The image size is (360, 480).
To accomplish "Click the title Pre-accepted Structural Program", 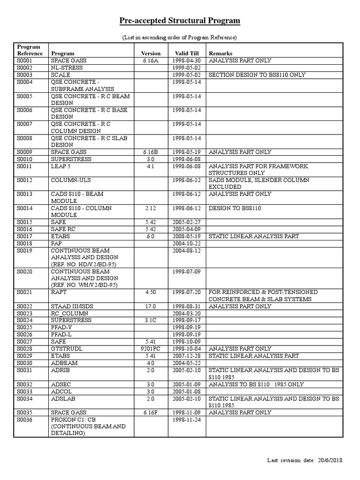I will pyautogui.click(x=180, y=21).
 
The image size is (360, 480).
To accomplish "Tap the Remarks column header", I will pyautogui.click(x=220, y=53).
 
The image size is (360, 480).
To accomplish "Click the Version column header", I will pyautogui.click(x=150, y=53).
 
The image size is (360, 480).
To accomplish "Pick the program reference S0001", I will pyautogui.click(x=26, y=61).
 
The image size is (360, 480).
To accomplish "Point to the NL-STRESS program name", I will pyautogui.click(x=67, y=68).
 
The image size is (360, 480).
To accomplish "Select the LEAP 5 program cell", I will pyautogui.click(x=61, y=166).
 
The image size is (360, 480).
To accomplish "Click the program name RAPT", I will pyautogui.click(x=59, y=292).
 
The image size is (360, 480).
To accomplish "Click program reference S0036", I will pyautogui.click(x=26, y=420).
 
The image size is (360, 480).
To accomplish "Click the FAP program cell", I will pyautogui.click(x=57, y=243).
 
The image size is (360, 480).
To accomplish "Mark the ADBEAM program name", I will pyautogui.click(x=64, y=363).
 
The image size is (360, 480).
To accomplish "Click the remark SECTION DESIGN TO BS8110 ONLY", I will pyautogui.click(x=257, y=75).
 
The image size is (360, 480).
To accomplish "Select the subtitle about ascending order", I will pyautogui.click(x=180, y=37).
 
